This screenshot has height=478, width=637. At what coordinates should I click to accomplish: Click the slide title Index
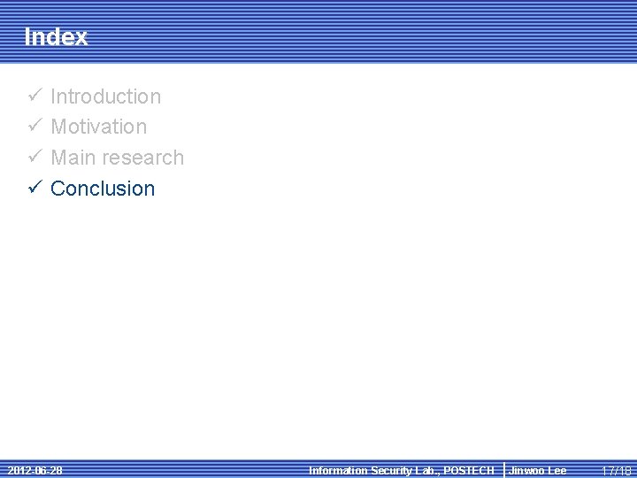(56, 37)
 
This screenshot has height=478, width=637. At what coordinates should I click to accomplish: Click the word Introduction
(106, 96)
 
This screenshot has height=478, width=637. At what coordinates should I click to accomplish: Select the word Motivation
(99, 127)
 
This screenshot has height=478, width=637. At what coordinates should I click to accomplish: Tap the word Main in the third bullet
(73, 158)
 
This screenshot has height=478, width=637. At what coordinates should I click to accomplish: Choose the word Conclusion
(103, 189)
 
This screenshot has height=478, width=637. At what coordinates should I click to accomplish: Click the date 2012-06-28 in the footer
(35, 470)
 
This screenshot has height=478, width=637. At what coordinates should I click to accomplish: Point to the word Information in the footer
(337, 471)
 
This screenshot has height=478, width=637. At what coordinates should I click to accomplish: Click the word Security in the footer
(390, 471)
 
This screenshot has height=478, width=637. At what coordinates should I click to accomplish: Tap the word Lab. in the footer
(427, 471)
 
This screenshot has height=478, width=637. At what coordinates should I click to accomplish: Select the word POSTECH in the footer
(470, 471)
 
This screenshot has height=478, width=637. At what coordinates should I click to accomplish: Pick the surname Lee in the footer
(556, 471)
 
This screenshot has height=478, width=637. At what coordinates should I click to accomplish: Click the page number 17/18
(617, 471)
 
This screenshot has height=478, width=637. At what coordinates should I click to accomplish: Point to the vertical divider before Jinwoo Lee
(503, 470)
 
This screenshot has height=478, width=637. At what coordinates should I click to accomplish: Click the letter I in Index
(27, 37)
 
